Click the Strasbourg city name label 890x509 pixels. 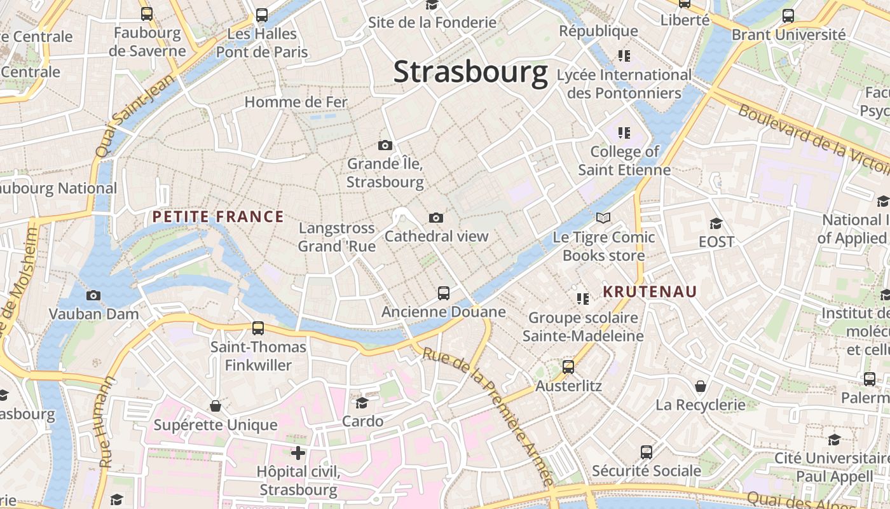[470, 72]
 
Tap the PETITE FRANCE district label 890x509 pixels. [218, 217]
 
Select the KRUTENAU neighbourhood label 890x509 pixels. [650, 292]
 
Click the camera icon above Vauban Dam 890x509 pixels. [93, 295]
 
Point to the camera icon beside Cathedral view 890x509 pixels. [435, 218]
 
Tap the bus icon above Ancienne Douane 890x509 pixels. [444, 293]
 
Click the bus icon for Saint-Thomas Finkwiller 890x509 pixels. [258, 328]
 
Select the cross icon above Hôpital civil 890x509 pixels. [298, 453]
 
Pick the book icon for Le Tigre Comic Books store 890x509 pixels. [603, 218]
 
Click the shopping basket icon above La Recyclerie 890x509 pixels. [701, 386]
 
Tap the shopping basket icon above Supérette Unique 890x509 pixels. [216, 406]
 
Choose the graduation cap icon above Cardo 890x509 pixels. [362, 403]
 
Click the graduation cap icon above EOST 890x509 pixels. [716, 223]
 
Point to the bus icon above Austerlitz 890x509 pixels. [568, 367]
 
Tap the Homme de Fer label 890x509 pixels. [296, 102]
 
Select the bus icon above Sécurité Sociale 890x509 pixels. [647, 452]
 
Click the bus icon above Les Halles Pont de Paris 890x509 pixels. [262, 15]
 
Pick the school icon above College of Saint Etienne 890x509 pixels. [624, 133]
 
